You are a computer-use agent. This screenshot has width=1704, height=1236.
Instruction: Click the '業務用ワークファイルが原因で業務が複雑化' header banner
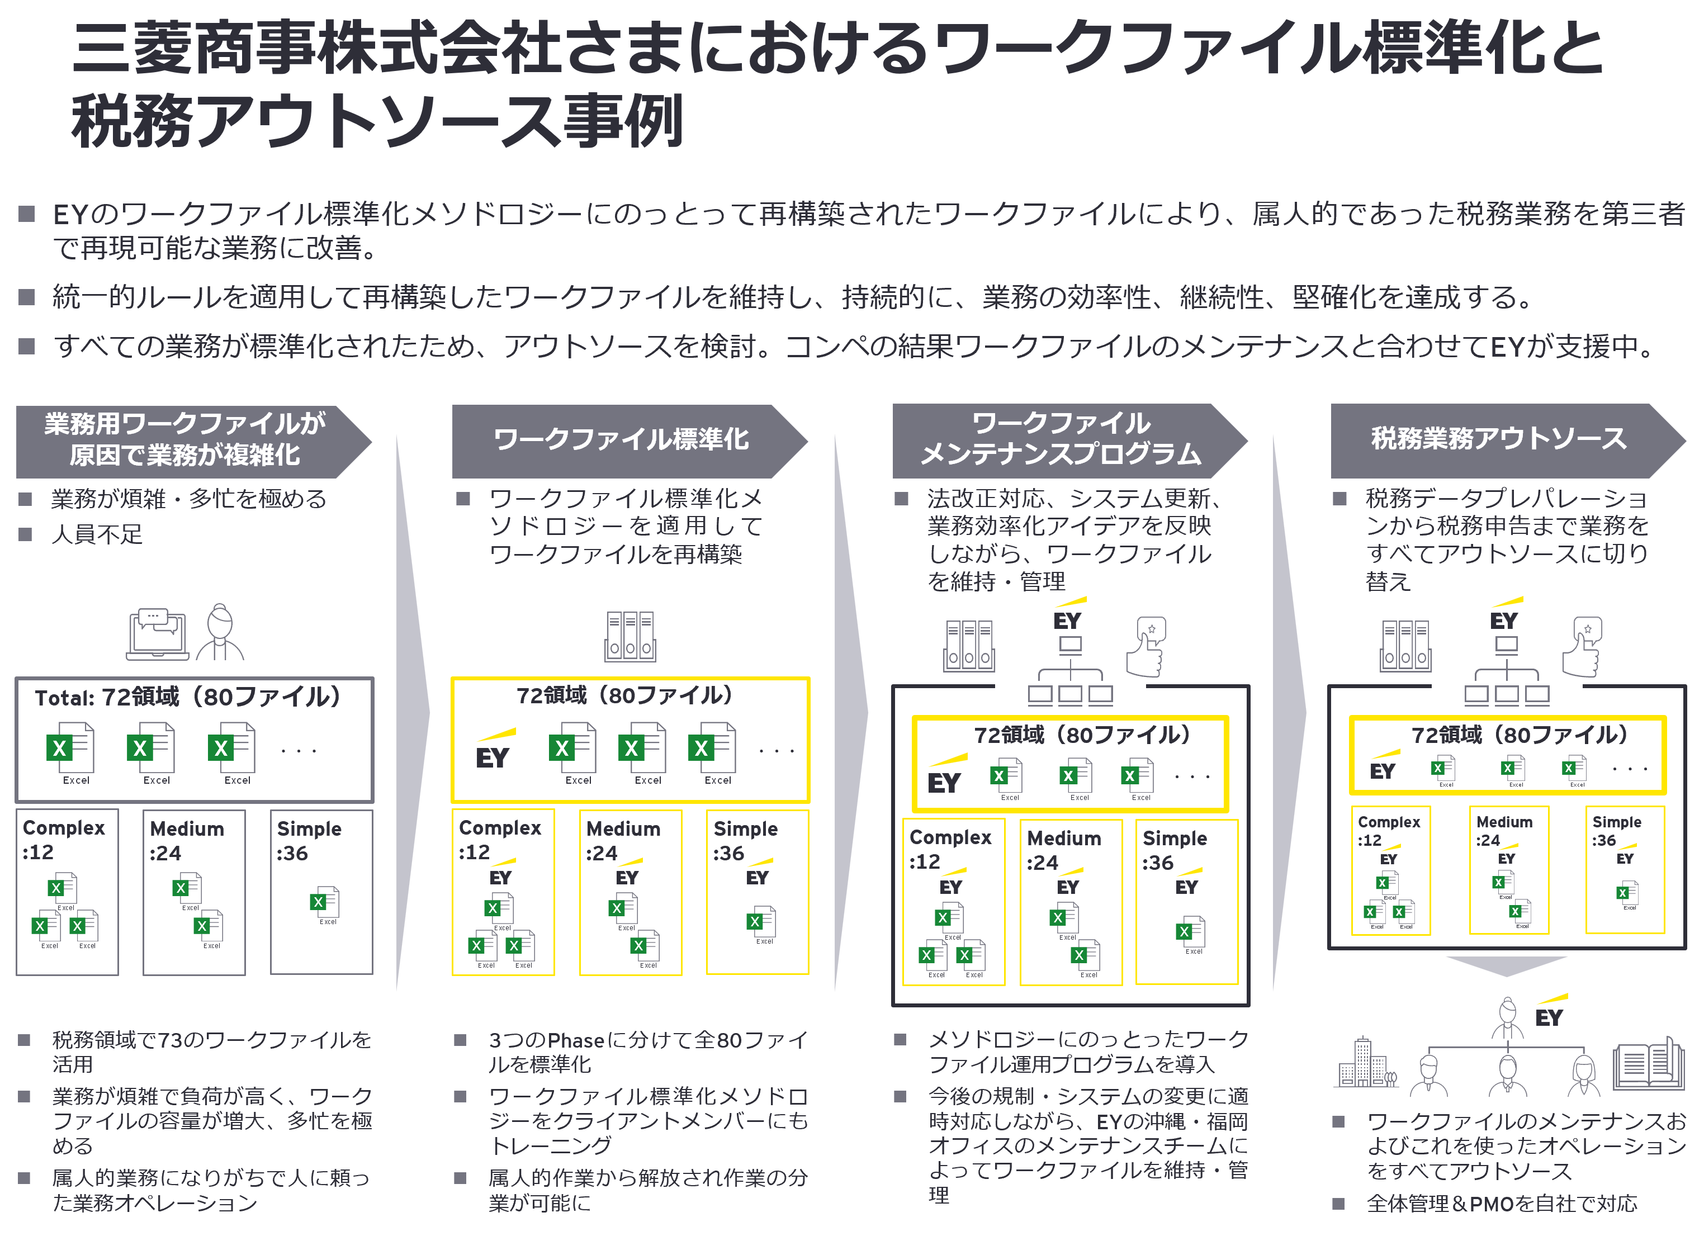click(185, 441)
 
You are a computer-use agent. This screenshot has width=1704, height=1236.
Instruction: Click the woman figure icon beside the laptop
click(220, 633)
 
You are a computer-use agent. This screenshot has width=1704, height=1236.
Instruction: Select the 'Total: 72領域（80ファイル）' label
click(187, 697)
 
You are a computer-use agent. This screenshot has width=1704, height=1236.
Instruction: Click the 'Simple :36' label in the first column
click(308, 841)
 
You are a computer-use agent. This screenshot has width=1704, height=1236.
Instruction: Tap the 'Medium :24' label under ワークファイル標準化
click(623, 841)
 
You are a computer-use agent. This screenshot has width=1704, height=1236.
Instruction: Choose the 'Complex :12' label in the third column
click(950, 849)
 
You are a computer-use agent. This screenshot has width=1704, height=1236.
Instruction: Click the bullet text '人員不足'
click(97, 534)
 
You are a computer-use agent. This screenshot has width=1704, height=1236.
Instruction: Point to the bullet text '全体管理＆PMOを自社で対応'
click(1501, 1204)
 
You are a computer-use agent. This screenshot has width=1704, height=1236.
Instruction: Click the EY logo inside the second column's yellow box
click(494, 750)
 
